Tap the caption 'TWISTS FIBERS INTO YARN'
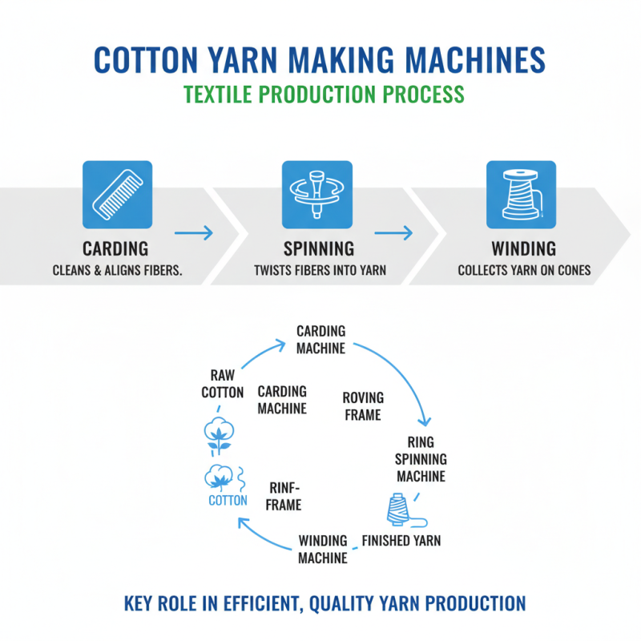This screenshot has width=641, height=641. [318, 270]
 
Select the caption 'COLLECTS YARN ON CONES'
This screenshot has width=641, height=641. [524, 270]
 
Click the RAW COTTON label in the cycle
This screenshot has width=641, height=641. [222, 384]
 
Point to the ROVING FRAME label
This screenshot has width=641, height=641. [362, 406]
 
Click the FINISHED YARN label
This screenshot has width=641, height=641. [401, 540]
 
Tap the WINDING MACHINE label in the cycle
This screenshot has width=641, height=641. [323, 549]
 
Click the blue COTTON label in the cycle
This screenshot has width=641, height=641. [228, 501]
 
